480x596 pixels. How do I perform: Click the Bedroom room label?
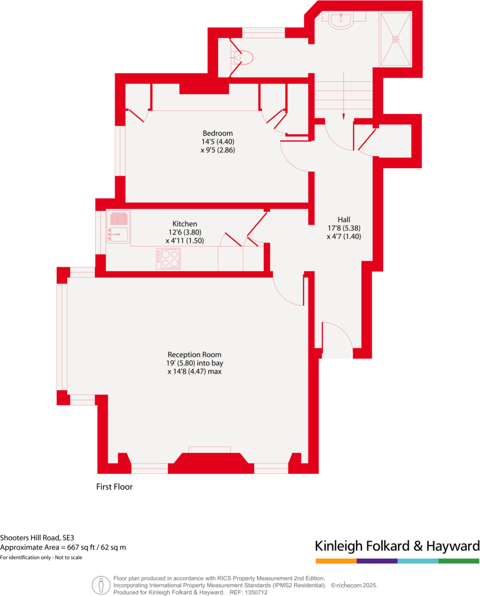pos(217,133)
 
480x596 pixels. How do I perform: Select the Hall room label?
pos(344,219)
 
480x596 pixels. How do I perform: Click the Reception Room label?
pos(194,354)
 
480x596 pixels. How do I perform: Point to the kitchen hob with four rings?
pos(169,258)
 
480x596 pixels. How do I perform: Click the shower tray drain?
pos(396,39)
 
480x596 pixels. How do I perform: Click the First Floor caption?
pos(114,486)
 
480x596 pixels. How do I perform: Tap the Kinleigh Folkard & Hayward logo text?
pos(397,545)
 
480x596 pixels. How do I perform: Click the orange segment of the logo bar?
pos(336,561)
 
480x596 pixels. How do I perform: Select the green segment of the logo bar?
pos(459,561)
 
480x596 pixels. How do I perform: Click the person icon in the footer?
pos(101,585)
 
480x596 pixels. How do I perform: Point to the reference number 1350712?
pos(256,592)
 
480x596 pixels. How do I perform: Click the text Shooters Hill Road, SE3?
pos(37,538)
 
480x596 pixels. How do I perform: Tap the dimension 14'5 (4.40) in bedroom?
pos(217,141)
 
